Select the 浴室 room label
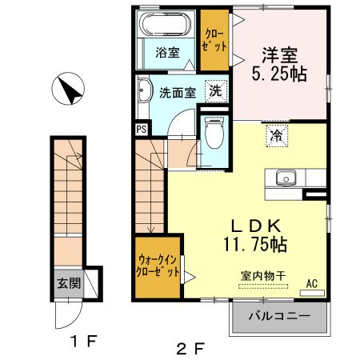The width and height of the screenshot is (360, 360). coord(166,54)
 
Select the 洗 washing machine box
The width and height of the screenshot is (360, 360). coord(214,90)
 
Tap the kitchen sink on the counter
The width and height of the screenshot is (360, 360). coord(286,178)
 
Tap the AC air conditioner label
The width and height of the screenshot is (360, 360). coord(311,282)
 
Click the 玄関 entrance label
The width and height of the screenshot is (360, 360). coord(68,283)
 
